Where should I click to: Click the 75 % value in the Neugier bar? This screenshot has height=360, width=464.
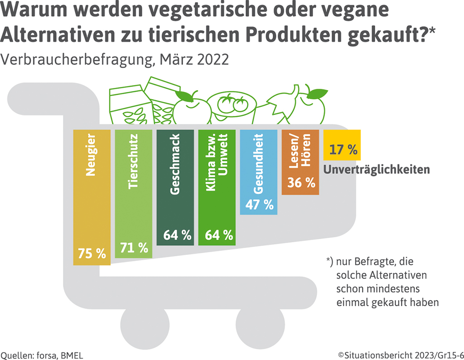tap(92, 254)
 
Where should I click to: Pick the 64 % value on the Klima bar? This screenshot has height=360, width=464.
tap(217, 235)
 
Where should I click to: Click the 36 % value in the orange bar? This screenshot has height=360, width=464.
tap(300, 183)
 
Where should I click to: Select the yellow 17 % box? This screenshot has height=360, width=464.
tap(342, 145)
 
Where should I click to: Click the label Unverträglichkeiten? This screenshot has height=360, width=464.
tap(376, 170)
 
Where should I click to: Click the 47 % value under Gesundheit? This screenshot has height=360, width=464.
tap(259, 204)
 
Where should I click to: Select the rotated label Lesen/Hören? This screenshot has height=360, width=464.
tap(300, 152)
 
